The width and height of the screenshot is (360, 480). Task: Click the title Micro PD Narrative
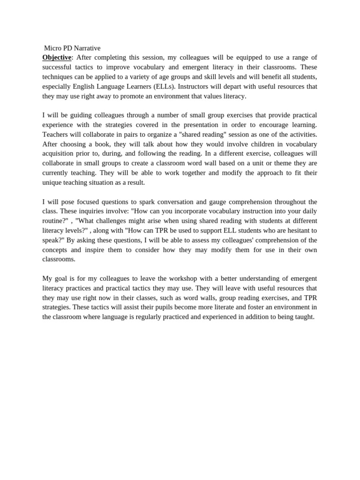[x=72, y=48]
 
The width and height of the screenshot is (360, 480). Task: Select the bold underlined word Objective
[x=57, y=58]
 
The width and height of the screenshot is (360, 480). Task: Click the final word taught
[x=304, y=317]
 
